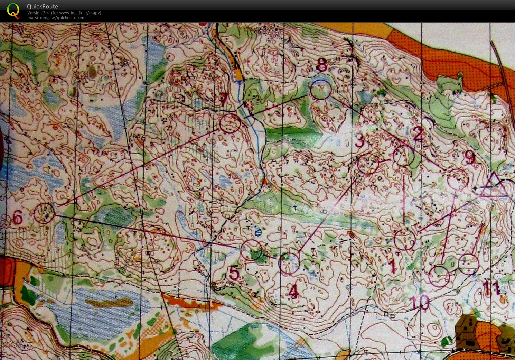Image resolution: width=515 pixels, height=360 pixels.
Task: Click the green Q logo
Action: coord(13,10)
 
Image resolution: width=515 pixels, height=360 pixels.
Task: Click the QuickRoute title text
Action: coord(43,6)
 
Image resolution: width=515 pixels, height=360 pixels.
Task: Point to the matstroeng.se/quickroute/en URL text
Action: coord(56,18)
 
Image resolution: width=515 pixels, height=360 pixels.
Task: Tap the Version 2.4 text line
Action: coord(64,13)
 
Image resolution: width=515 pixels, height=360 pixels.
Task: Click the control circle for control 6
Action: coord(44,213)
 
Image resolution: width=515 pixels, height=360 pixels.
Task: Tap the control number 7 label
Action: coord(224,100)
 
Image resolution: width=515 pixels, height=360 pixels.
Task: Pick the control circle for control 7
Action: coord(230,123)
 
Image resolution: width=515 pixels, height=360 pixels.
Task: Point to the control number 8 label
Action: coord(322,65)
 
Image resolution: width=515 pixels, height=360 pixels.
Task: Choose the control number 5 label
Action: coord(234,273)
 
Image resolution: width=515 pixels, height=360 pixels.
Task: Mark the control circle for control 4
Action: coord(289,264)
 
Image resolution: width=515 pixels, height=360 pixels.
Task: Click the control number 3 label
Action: coord(360,141)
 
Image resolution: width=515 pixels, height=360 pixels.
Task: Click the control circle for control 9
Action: coord(458,178)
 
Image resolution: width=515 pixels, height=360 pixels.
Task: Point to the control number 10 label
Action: coord(421,303)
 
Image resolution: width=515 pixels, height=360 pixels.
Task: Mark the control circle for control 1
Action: coord(405,240)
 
